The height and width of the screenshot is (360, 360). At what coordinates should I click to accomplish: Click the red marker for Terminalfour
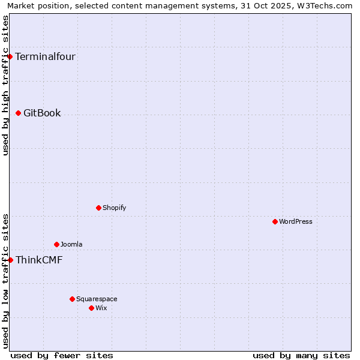pyautogui.click(x=10, y=56)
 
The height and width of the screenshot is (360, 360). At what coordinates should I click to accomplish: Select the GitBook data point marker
pyautogui.click(x=19, y=113)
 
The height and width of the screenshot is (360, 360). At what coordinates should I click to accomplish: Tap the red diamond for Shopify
pyautogui.click(x=99, y=208)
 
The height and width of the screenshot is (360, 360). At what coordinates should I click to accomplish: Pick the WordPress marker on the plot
pyautogui.click(x=275, y=221)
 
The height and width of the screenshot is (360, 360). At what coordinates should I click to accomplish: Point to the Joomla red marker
pyautogui.click(x=57, y=244)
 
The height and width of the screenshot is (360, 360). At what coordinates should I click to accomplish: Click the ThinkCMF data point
pyautogui.click(x=10, y=260)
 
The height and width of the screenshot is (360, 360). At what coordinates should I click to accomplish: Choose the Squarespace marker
pyautogui.click(x=73, y=299)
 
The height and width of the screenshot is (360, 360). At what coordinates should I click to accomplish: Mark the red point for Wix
pyautogui.click(x=92, y=308)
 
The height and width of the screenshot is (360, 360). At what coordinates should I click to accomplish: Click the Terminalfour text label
pyautogui.click(x=45, y=57)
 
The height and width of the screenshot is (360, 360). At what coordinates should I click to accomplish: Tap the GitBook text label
pyautogui.click(x=42, y=113)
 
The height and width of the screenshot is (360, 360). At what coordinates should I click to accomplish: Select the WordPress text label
pyautogui.click(x=296, y=222)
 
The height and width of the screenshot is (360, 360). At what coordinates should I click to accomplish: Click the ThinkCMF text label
pyautogui.click(x=39, y=260)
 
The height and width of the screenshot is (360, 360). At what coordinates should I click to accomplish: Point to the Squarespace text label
pyautogui.click(x=97, y=299)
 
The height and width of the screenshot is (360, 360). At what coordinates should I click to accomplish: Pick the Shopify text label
pyautogui.click(x=114, y=208)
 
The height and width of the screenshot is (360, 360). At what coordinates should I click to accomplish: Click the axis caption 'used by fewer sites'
pyautogui.click(x=62, y=355)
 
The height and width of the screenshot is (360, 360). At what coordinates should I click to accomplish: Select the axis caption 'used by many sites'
pyautogui.click(x=301, y=355)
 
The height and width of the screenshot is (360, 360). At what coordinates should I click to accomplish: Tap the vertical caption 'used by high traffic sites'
pyautogui.click(x=5, y=85)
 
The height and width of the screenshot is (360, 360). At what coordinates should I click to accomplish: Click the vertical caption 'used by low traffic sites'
pyautogui.click(x=5, y=281)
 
